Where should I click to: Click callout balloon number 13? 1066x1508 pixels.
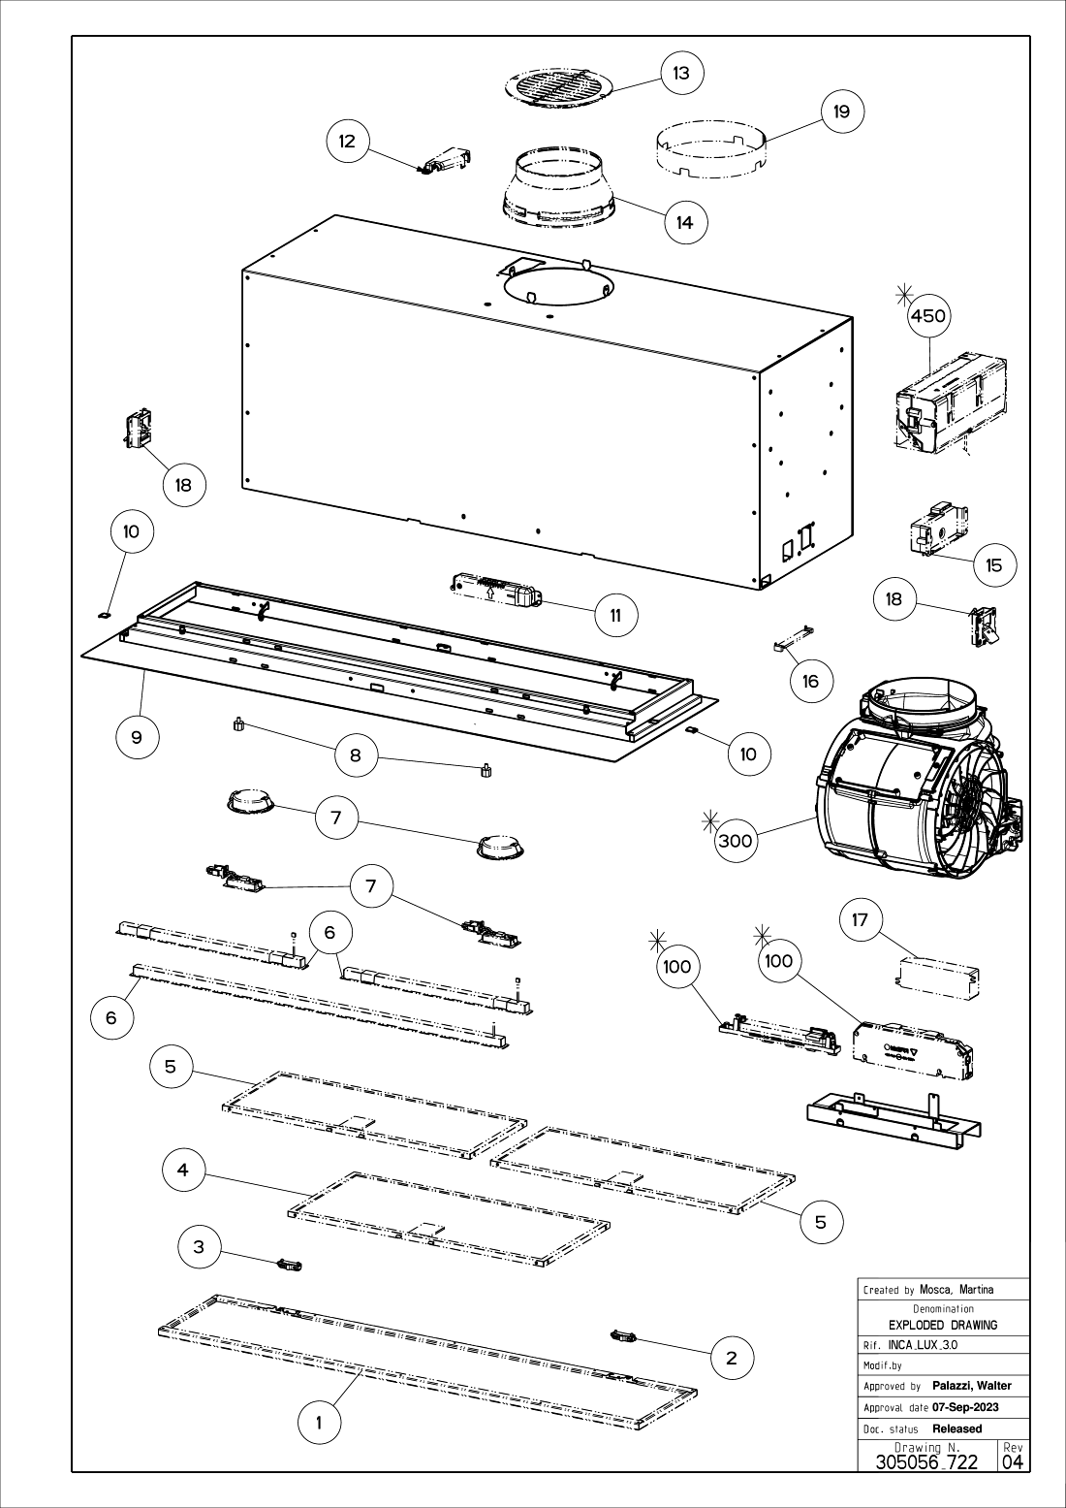tap(682, 73)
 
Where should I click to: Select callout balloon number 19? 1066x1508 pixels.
tap(842, 112)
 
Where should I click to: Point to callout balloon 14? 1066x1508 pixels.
tap(685, 222)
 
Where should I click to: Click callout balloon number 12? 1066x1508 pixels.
tap(347, 142)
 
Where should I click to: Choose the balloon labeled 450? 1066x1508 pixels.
tap(928, 315)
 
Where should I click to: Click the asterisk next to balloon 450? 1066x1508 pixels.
tap(904, 294)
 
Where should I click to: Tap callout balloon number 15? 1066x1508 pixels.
tap(994, 565)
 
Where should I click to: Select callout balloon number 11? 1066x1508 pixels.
tap(616, 615)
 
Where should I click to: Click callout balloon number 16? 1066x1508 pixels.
tap(811, 682)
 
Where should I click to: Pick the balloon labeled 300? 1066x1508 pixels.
tap(736, 841)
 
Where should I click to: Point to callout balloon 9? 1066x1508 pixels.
tap(138, 738)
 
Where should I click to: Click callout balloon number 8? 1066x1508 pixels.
tap(356, 755)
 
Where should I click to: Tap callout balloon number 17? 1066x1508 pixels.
tap(861, 919)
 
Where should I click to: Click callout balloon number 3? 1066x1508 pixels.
tap(199, 1247)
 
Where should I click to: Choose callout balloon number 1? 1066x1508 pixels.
tap(320, 1424)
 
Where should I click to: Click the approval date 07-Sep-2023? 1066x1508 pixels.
tap(966, 1408)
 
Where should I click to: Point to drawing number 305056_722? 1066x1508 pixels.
tap(926, 1461)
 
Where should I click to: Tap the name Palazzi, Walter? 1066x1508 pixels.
tap(972, 1386)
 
